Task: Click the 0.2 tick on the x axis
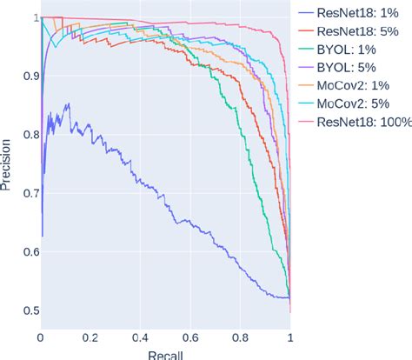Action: (x=90, y=336)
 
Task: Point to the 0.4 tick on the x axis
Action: (x=141, y=336)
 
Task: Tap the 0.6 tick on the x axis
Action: (x=190, y=336)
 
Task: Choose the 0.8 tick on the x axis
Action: (x=241, y=336)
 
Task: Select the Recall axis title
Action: (x=165, y=354)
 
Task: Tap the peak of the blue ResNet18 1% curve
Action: (x=67, y=103)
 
